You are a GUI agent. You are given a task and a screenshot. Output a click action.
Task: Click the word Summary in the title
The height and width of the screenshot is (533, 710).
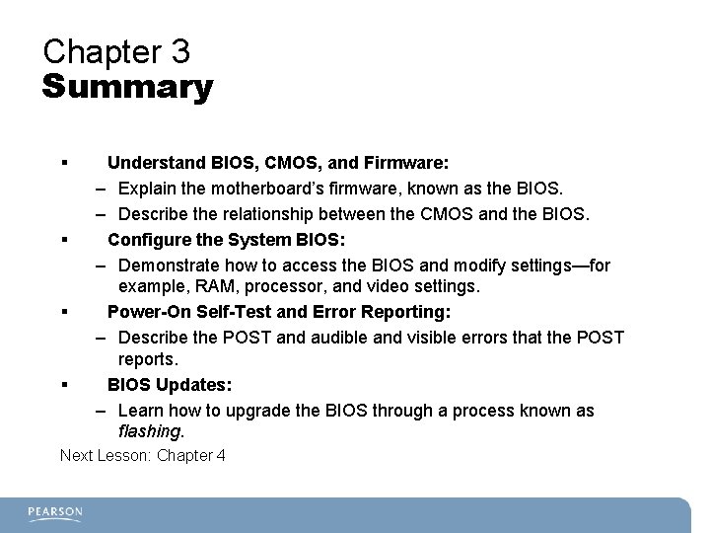point(127,88)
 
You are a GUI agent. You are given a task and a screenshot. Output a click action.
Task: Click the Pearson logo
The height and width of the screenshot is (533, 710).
point(55,513)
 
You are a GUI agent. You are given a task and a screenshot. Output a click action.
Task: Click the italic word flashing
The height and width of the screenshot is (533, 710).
point(150,432)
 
